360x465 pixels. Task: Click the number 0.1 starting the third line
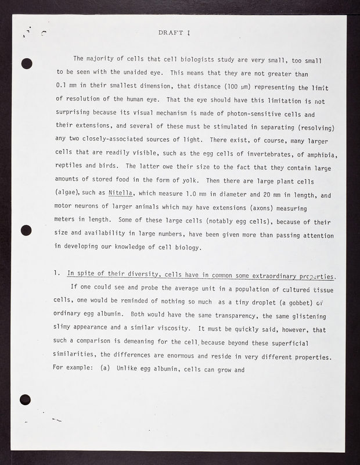click(62, 87)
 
